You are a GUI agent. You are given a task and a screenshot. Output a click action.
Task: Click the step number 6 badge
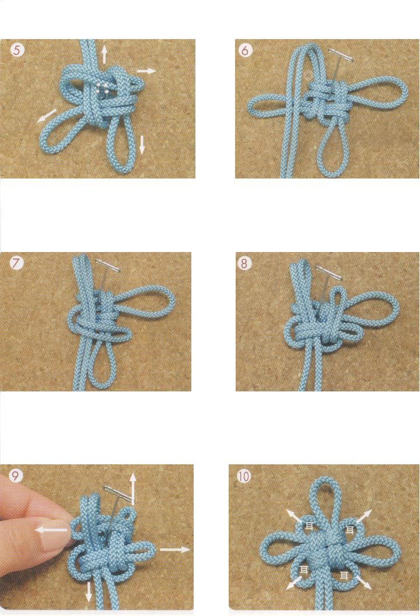coord(244,51)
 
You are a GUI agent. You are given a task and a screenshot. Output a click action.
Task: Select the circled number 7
coord(17,264)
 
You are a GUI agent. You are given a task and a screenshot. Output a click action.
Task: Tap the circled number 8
coord(244,264)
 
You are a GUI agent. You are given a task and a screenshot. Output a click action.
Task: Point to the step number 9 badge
coord(17,476)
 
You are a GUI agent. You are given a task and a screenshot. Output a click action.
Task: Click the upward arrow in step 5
coord(104,54)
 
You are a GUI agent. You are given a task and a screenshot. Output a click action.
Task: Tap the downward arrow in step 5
coord(142,143)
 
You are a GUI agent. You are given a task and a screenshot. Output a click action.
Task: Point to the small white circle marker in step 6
coord(309,74)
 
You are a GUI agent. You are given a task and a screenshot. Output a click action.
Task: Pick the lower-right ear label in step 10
coord(345,576)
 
